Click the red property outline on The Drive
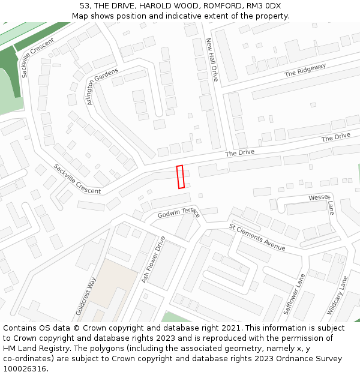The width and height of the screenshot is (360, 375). click(x=180, y=177)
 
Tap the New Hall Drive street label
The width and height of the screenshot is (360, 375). click(x=212, y=61)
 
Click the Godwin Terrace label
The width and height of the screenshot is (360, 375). click(x=178, y=212)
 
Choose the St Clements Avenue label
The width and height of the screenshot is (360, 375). click(x=257, y=236)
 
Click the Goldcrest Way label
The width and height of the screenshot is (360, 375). click(x=86, y=296)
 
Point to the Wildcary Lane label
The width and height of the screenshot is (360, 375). click(x=337, y=296)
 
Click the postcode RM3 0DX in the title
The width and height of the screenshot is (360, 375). click(x=263, y=5)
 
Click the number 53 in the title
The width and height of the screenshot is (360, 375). click(x=85, y=5)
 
